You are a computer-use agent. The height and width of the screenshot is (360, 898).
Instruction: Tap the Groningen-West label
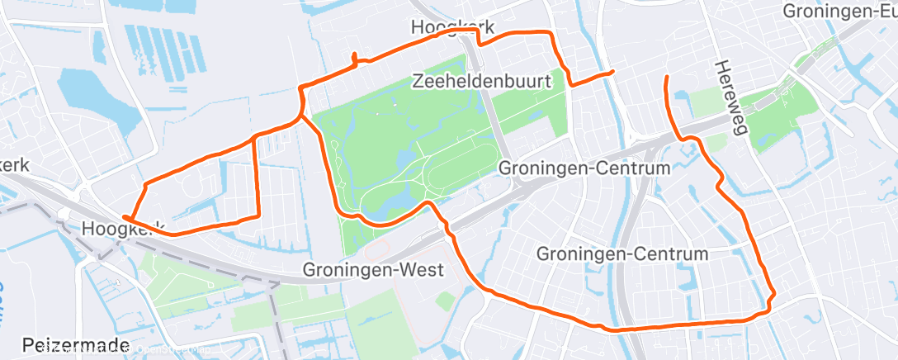pyautogui.click(x=374, y=270)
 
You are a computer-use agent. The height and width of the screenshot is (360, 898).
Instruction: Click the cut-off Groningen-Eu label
pyautogui.click(x=839, y=12)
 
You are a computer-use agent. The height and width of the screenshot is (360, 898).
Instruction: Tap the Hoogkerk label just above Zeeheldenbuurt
pyautogui.click(x=447, y=27)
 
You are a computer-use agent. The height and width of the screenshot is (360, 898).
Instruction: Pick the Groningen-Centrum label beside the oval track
pyautogui.click(x=583, y=168)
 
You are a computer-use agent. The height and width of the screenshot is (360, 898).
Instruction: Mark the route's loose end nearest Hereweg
pyautogui.click(x=666, y=78)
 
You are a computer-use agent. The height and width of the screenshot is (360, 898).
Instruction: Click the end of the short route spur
pyautogui.click(x=612, y=73)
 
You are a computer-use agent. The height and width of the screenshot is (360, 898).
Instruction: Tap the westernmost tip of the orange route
pyautogui.click(x=123, y=217)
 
